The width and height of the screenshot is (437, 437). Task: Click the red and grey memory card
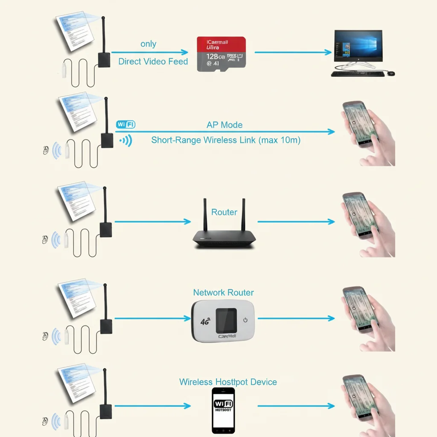[221, 54]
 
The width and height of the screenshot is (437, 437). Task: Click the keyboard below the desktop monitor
[357, 74]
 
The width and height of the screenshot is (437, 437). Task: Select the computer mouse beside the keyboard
[391, 73]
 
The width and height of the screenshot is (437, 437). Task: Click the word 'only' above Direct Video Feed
[148, 44]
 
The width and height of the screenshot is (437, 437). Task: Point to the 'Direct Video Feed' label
[153, 61]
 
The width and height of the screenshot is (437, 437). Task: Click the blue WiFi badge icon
[125, 125]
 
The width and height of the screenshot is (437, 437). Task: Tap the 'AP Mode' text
[224, 125]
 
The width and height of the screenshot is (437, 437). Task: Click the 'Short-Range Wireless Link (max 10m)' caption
[226, 140]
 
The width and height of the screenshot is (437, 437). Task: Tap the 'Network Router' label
[223, 293]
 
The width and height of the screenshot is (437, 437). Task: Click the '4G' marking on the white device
[205, 322]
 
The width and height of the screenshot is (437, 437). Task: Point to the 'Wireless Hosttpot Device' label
[228, 382]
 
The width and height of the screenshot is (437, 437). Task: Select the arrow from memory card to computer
[293, 52]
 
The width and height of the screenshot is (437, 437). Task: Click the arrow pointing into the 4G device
[152, 318]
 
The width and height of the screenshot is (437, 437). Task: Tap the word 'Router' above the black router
[224, 212]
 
